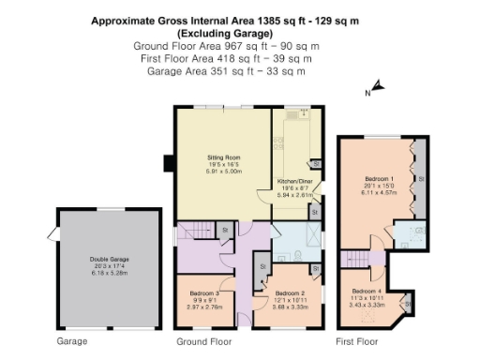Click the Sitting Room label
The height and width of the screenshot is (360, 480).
click(x=224, y=157)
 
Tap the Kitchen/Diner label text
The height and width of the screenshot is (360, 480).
click(x=294, y=180)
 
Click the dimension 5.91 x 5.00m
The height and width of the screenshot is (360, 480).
click(x=224, y=172)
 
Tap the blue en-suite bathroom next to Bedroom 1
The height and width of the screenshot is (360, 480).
click(x=410, y=232)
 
